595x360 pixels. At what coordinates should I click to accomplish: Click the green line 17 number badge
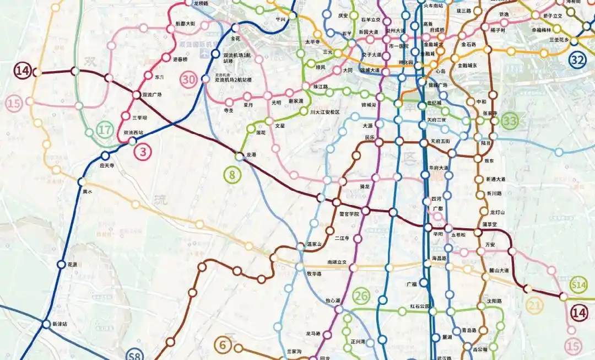pyautogui.click(x=104, y=131)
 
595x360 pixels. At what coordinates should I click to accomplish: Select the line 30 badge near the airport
pyautogui.click(x=188, y=79)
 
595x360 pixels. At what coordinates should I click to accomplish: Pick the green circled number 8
pyautogui.click(x=232, y=175)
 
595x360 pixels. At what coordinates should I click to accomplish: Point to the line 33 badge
pyautogui.click(x=511, y=120)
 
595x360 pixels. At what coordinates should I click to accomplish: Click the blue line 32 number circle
pyautogui.click(x=577, y=60)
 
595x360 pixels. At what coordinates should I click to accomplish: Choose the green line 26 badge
pyautogui.click(x=361, y=296)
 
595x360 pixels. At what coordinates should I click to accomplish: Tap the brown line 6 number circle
pyautogui.click(x=223, y=345)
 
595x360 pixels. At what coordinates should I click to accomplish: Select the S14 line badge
pyautogui.click(x=578, y=284)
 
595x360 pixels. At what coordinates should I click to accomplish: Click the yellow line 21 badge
pyautogui.click(x=535, y=305)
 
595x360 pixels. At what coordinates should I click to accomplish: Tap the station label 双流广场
pyautogui.click(x=152, y=95)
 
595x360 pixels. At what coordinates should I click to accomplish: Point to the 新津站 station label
pyautogui.click(x=58, y=324)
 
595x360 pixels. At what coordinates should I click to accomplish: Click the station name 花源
pyautogui.click(x=72, y=265)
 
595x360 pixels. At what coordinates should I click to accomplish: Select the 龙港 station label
pyautogui.click(x=251, y=155)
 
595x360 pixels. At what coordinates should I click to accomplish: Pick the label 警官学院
pyautogui.click(x=348, y=213)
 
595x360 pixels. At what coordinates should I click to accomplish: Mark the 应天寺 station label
pyautogui.click(x=106, y=165)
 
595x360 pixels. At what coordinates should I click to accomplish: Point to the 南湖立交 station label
pyautogui.click(x=337, y=262)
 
